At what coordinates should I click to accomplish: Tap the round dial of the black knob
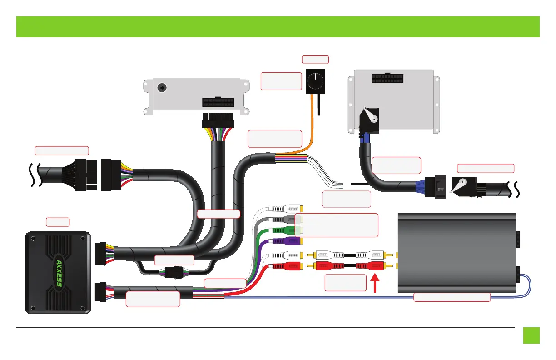[314, 82]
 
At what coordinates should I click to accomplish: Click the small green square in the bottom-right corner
[531, 335]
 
